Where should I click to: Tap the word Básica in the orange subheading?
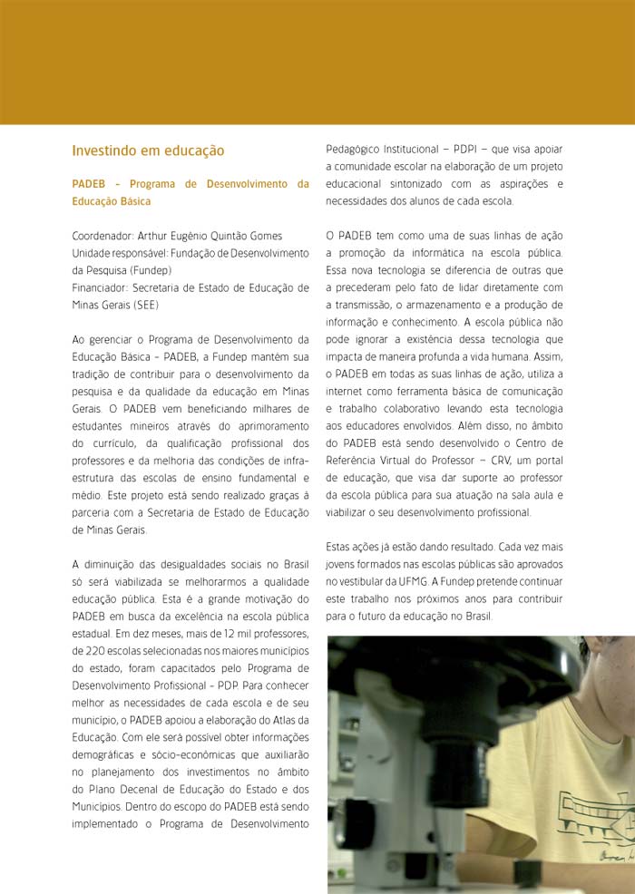point(132,201)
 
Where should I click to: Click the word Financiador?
point(100,287)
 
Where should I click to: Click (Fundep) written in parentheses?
point(149,270)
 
